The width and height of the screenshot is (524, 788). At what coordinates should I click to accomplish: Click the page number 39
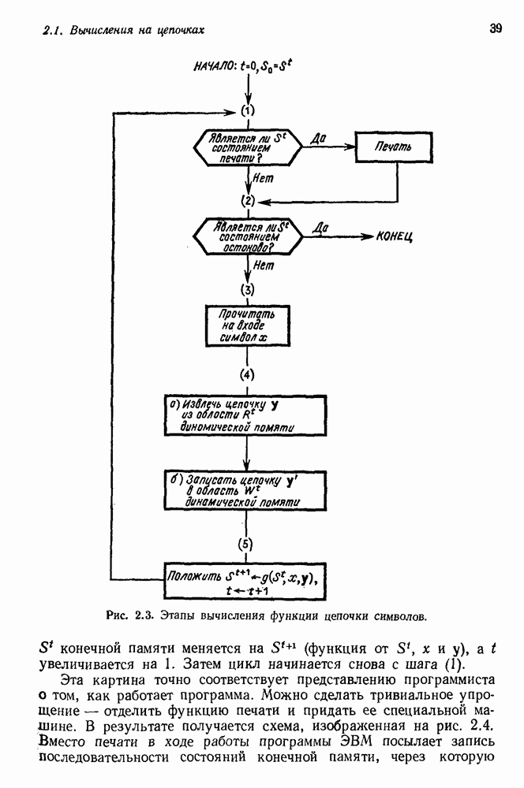pyautogui.click(x=496, y=29)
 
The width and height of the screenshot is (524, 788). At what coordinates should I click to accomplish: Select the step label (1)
pyautogui.click(x=248, y=110)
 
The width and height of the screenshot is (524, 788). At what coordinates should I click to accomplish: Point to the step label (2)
pyautogui.click(x=248, y=200)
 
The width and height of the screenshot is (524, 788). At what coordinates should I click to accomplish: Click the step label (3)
pyautogui.click(x=248, y=288)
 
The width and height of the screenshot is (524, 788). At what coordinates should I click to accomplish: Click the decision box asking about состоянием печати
pyautogui.click(x=246, y=147)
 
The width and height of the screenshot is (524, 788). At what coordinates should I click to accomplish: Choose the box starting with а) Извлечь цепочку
pyautogui.click(x=247, y=416)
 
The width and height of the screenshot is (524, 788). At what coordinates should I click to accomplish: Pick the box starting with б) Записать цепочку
pyautogui.click(x=247, y=490)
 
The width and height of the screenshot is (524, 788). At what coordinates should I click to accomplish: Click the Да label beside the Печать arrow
pyautogui.click(x=320, y=138)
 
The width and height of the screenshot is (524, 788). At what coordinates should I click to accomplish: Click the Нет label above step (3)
pyautogui.click(x=264, y=266)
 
